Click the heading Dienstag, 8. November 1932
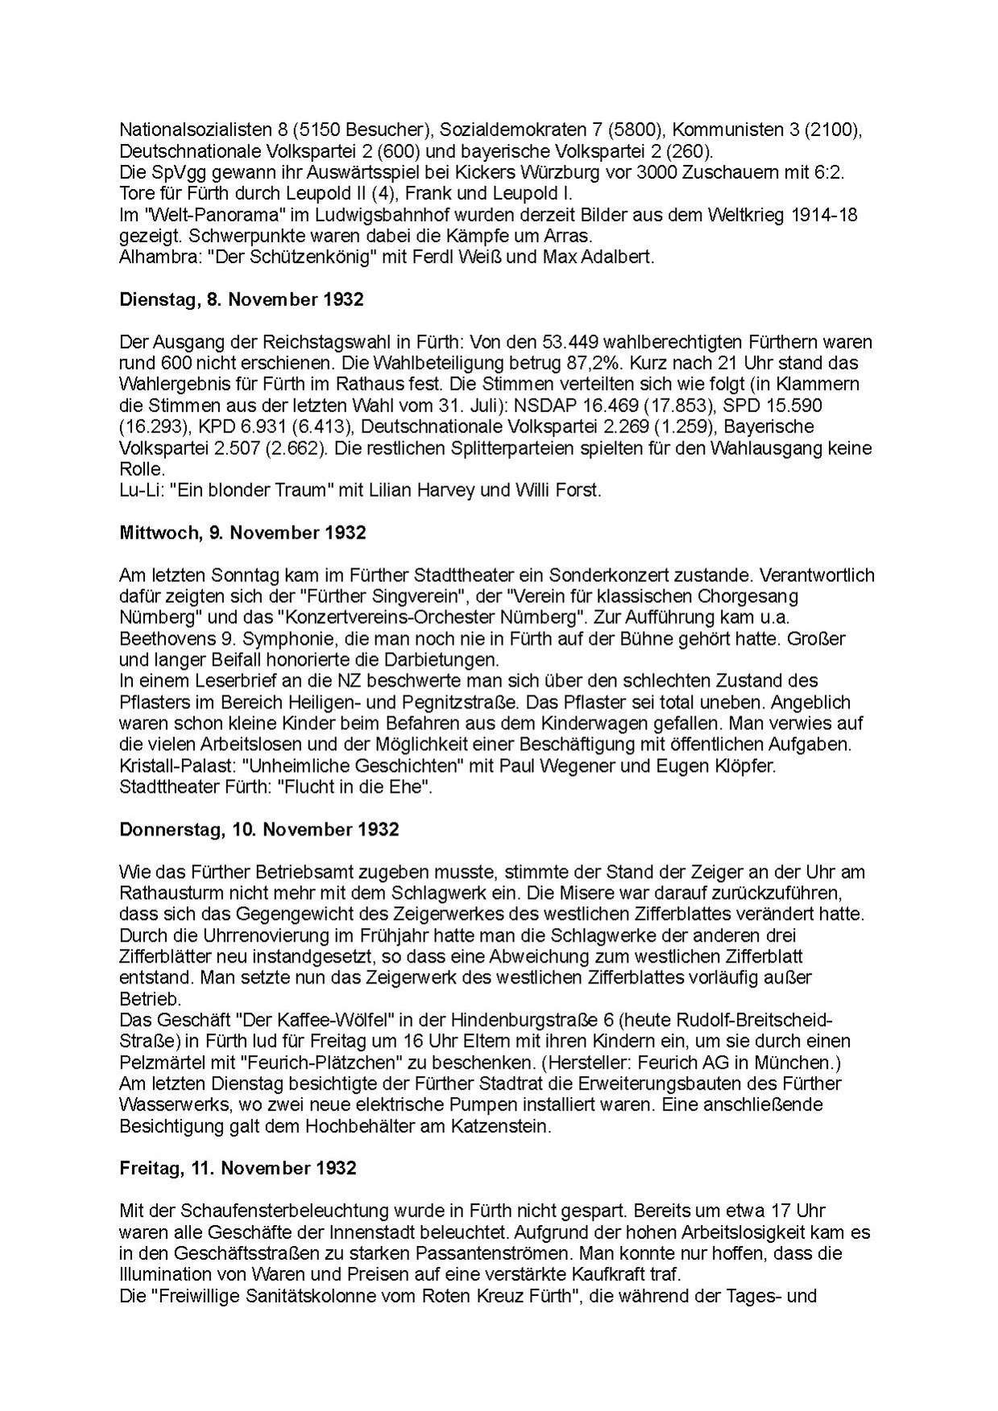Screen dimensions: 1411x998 coord(241,300)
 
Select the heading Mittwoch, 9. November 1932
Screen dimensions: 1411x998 coord(242,533)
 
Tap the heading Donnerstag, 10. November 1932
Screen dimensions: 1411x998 coord(259,829)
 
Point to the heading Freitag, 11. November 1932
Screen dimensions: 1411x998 coord(238,1168)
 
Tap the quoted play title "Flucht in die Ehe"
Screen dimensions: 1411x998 coord(355,786)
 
